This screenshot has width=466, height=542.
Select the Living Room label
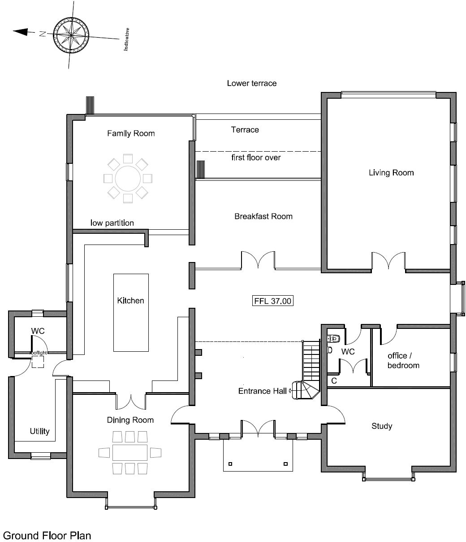click(391, 173)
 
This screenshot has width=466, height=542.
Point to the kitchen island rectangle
click(131, 313)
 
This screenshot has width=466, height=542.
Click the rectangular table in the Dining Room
click(130, 452)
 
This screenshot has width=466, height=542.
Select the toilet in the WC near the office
click(334, 338)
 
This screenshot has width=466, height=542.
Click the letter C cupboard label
click(334, 381)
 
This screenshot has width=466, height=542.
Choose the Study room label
click(382, 426)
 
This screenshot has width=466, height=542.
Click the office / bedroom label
click(403, 361)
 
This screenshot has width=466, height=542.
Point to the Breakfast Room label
click(263, 216)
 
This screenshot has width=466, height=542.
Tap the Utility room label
click(39, 431)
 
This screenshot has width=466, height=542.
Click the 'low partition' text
click(112, 223)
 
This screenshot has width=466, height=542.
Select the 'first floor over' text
click(256, 157)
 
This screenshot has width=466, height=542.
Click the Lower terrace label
click(251, 83)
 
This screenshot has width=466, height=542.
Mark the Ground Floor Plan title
click(47, 535)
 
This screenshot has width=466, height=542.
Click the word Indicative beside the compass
click(127, 39)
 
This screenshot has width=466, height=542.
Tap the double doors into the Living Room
click(388, 262)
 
